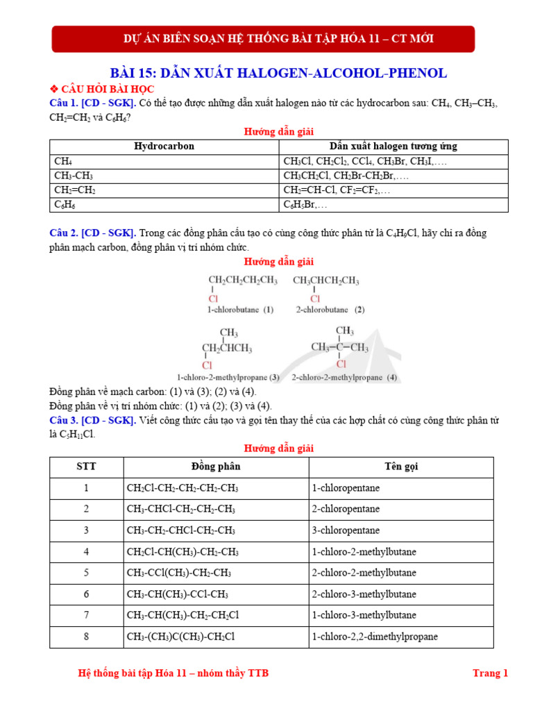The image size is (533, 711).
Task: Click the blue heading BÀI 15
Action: pyautogui.click(x=278, y=73)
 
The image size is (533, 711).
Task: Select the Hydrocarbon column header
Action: pyautogui.click(x=164, y=147)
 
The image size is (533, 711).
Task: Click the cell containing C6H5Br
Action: pyautogui.click(x=305, y=205)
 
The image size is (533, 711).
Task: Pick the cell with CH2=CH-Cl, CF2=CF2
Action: pyautogui.click(x=337, y=190)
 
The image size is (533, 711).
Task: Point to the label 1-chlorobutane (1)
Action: pyautogui.click(x=240, y=310)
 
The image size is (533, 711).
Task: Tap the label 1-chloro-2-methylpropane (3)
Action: pyautogui.click(x=228, y=378)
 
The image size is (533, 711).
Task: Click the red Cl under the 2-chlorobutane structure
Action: pyautogui.click(x=316, y=299)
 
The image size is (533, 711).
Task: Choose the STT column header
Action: pyautogui.click(x=86, y=467)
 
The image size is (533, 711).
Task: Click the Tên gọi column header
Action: pyautogui.click(x=401, y=467)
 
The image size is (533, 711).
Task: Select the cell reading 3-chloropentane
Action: pyautogui.click(x=346, y=530)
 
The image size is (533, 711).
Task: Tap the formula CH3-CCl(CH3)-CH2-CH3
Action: pyautogui.click(x=179, y=573)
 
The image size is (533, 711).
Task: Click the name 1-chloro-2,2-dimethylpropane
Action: pyautogui.click(x=375, y=637)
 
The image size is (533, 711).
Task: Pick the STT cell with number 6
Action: pyautogui.click(x=86, y=594)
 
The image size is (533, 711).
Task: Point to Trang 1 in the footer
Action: pyautogui.click(x=490, y=673)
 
